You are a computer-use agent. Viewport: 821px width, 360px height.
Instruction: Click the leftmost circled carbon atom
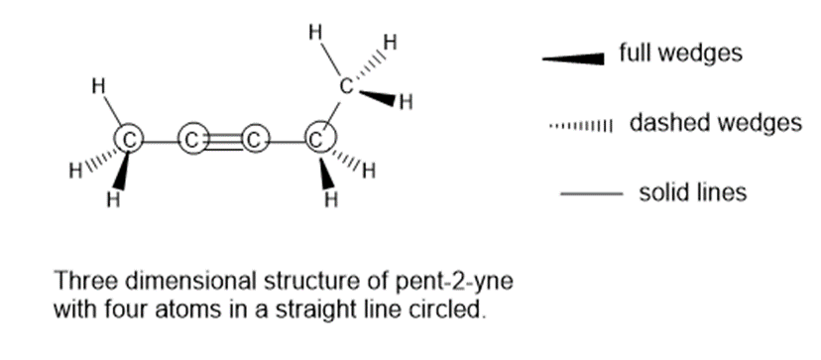[129, 141]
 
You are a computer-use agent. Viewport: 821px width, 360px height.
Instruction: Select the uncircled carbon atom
[347, 86]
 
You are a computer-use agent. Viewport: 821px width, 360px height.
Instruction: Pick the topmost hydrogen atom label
[315, 33]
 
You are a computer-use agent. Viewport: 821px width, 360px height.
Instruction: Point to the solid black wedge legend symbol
[573, 59]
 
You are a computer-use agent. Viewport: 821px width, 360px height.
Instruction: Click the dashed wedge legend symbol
[580, 126]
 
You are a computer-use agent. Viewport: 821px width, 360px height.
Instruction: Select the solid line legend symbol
[591, 194]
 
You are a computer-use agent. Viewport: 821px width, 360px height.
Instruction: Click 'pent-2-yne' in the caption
[453, 282]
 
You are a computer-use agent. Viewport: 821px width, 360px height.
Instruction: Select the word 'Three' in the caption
[86, 281]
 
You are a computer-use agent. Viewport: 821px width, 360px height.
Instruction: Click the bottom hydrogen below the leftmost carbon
[114, 199]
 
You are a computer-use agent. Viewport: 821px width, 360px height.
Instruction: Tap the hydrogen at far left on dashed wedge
[76, 171]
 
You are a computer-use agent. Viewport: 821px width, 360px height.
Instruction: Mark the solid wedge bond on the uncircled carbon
[377, 97]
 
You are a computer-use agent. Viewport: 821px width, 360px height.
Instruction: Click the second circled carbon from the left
[192, 140]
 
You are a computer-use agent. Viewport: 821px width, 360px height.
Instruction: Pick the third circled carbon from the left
[255, 140]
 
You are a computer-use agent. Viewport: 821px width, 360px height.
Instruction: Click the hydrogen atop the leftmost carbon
[98, 86]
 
